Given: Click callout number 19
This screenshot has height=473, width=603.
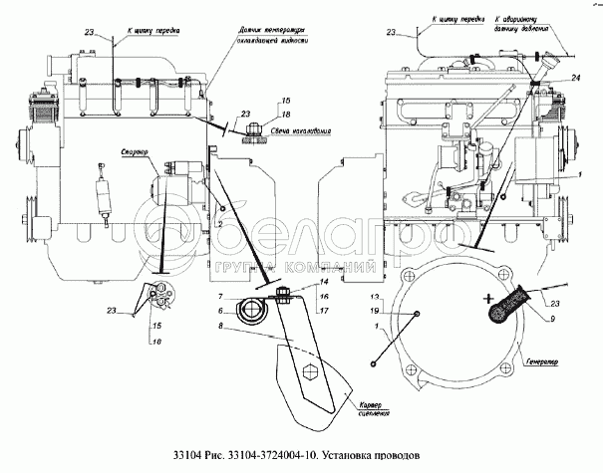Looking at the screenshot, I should [x=374, y=311].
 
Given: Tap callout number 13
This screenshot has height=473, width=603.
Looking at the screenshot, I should [x=374, y=298].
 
